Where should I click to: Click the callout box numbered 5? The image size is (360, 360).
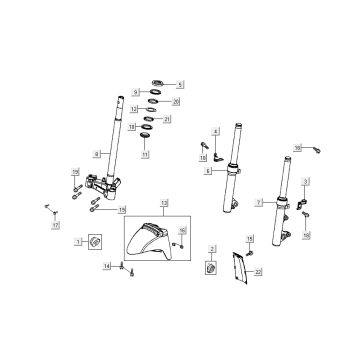(x=181, y=84)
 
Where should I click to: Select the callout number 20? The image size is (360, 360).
(x=176, y=102)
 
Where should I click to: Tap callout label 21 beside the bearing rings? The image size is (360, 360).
(x=167, y=120)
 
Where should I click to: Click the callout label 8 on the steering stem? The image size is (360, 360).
(x=96, y=153)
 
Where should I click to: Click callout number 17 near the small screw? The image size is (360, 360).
(x=56, y=226)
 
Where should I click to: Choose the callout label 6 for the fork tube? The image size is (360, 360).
(x=207, y=171)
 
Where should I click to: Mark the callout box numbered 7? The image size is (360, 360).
(x=259, y=202)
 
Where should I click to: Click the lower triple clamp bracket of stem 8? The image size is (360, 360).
(x=100, y=184)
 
